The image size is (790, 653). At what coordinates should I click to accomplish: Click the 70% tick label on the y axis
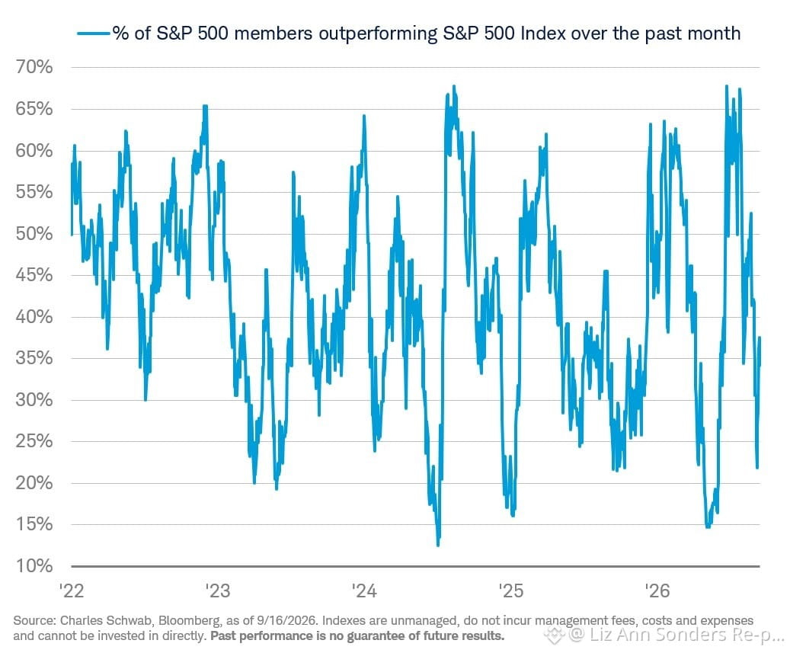click(x=34, y=66)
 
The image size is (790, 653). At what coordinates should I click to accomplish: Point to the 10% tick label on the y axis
click(x=34, y=566)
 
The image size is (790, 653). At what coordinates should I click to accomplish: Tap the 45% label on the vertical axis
click(x=34, y=275)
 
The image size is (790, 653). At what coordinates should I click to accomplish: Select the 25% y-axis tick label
click(x=34, y=441)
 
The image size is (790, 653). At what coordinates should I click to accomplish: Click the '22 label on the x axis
click(x=72, y=590)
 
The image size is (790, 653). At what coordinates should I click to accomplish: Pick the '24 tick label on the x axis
click(x=364, y=590)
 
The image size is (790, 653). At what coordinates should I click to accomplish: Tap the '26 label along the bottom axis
click(x=657, y=590)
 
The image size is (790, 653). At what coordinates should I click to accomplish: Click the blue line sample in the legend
click(x=93, y=34)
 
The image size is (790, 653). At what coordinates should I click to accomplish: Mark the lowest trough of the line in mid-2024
click(x=438, y=545)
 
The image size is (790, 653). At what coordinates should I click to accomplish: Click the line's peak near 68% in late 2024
click(x=454, y=86)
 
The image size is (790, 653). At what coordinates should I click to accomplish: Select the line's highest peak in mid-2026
click(x=726, y=86)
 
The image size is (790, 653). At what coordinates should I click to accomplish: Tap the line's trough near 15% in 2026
click(x=708, y=527)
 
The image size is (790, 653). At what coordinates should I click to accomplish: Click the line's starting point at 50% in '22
click(x=72, y=234)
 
